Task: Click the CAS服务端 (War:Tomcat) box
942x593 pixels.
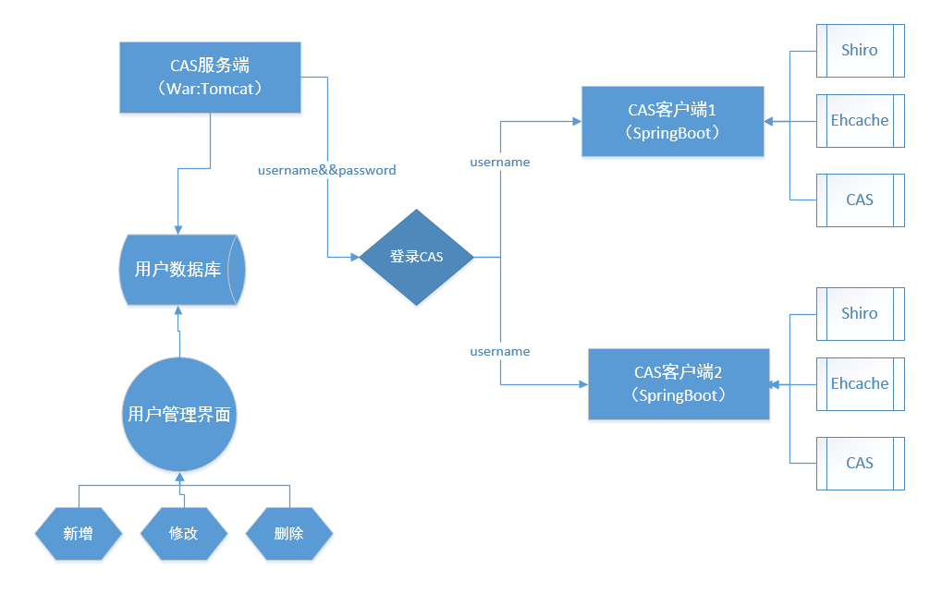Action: point(211,77)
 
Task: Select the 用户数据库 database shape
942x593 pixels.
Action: point(181,270)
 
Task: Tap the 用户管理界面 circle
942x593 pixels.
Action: point(178,414)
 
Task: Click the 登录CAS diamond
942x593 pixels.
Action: point(416,257)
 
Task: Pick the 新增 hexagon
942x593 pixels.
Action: point(79,533)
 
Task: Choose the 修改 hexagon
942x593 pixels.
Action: point(183,533)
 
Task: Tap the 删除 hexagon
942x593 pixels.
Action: point(288,533)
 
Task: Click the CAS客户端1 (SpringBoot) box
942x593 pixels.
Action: point(672,121)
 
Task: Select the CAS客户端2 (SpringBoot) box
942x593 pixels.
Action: point(679,383)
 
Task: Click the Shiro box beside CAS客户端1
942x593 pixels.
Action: point(860,50)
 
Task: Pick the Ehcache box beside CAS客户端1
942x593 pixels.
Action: point(860,120)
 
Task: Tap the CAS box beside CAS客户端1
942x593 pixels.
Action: point(860,200)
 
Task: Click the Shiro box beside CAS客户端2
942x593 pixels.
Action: point(860,313)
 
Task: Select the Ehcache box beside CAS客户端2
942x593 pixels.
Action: point(860,383)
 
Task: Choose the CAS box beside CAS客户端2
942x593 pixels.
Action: point(860,463)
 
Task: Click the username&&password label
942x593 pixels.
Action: point(326,170)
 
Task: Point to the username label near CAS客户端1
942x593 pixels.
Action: point(499,162)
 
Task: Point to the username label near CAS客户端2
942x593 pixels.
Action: point(499,351)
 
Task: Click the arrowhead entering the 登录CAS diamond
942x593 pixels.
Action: point(354,257)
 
